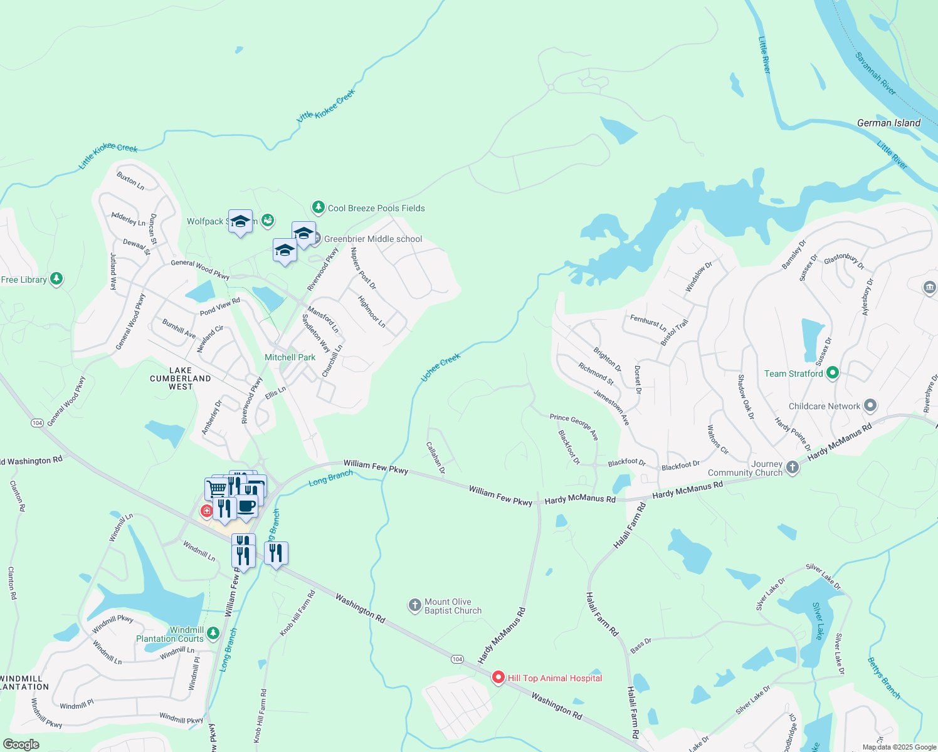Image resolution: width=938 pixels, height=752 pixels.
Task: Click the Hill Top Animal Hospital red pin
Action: [x=498, y=677]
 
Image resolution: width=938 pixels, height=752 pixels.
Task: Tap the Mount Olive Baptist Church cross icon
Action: [x=414, y=605]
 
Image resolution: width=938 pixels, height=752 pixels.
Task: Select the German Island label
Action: [x=888, y=123]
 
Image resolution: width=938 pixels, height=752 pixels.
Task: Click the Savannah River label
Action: [x=875, y=74]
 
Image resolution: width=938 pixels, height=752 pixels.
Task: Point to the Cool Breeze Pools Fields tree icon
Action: [x=319, y=207]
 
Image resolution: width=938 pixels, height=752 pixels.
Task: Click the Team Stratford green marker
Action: [x=833, y=373]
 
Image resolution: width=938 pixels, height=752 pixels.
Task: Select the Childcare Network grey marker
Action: [x=870, y=406]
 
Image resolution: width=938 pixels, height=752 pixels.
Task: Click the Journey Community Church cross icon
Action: [x=793, y=467]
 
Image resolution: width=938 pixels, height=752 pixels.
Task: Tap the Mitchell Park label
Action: [x=290, y=357]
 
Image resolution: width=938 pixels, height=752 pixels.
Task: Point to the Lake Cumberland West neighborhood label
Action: [x=181, y=379]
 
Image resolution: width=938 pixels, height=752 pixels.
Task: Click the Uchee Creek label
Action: [x=440, y=367]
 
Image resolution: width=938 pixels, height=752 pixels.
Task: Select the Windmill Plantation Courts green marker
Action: [x=213, y=634]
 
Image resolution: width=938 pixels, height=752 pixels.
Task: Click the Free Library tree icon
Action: [x=56, y=279]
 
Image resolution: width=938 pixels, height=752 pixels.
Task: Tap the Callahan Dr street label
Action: [x=436, y=457]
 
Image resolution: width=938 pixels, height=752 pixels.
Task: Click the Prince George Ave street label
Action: [x=574, y=426]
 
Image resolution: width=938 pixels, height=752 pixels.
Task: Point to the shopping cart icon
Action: [x=216, y=488]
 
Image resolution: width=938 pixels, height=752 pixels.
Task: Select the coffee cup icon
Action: [x=246, y=505]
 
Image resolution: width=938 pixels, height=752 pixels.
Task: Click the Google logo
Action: [x=21, y=744]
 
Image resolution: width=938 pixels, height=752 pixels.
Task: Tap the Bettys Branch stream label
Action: [x=884, y=678]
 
